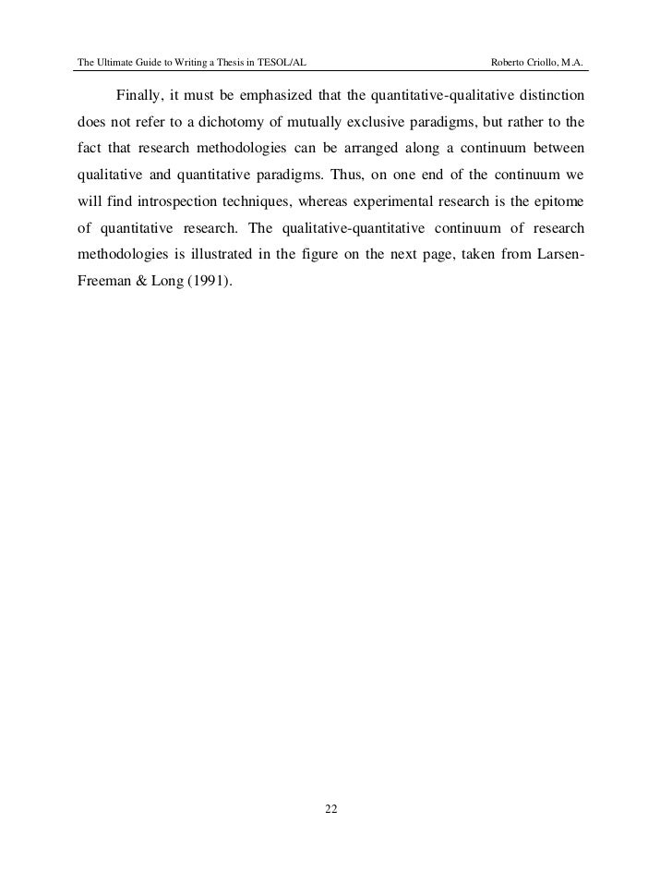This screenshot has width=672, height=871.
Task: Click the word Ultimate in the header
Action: point(116,63)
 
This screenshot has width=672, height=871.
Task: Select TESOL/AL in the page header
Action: point(282,63)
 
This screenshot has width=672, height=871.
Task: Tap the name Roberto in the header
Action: point(512,63)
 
